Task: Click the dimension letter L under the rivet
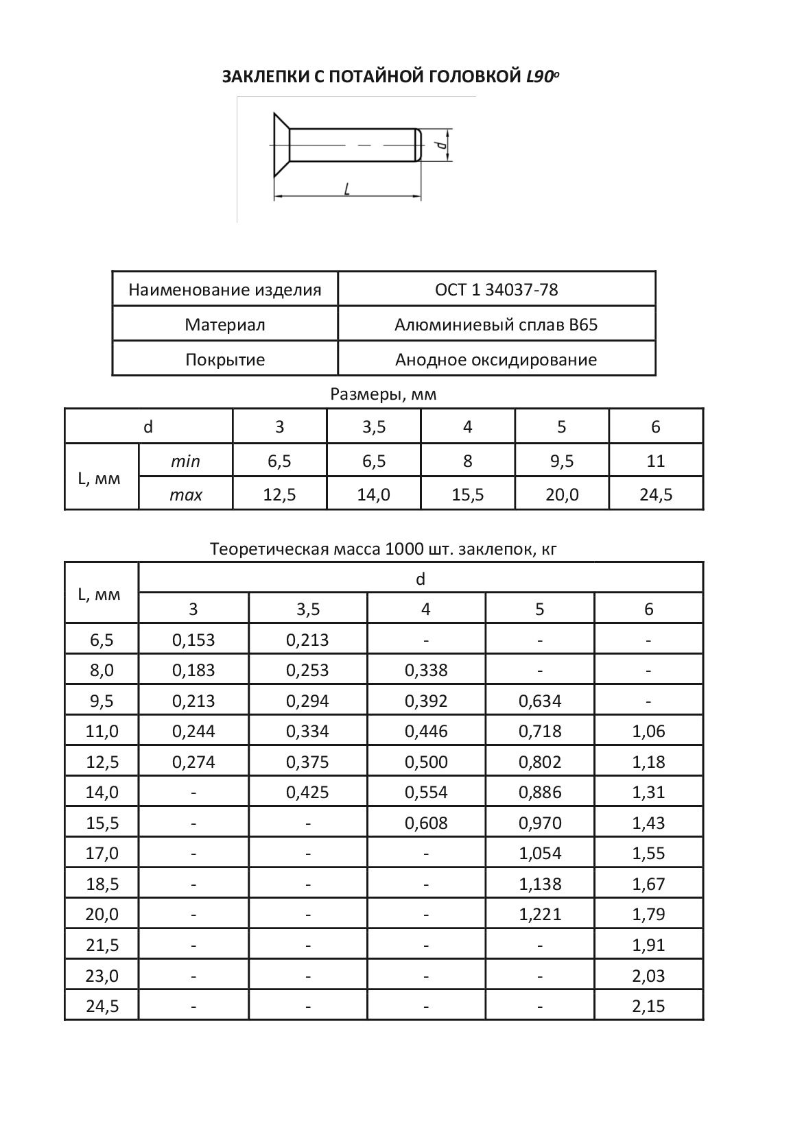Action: pos(347,189)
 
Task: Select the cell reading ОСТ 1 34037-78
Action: pos(496,290)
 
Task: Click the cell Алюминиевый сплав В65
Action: pos(496,325)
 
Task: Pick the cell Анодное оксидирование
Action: pos(496,360)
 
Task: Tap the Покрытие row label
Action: pos(225,360)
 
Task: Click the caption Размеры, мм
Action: pos(384,395)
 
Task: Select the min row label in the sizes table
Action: pos(185,461)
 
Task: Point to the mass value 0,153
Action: pos(193,640)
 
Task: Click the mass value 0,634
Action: pos(540,701)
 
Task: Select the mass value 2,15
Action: pos(648,1006)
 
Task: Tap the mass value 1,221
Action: pos(540,915)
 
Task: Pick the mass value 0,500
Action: pos(426,762)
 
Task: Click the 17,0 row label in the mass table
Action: pos(102,854)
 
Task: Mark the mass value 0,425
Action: pos(307,793)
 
